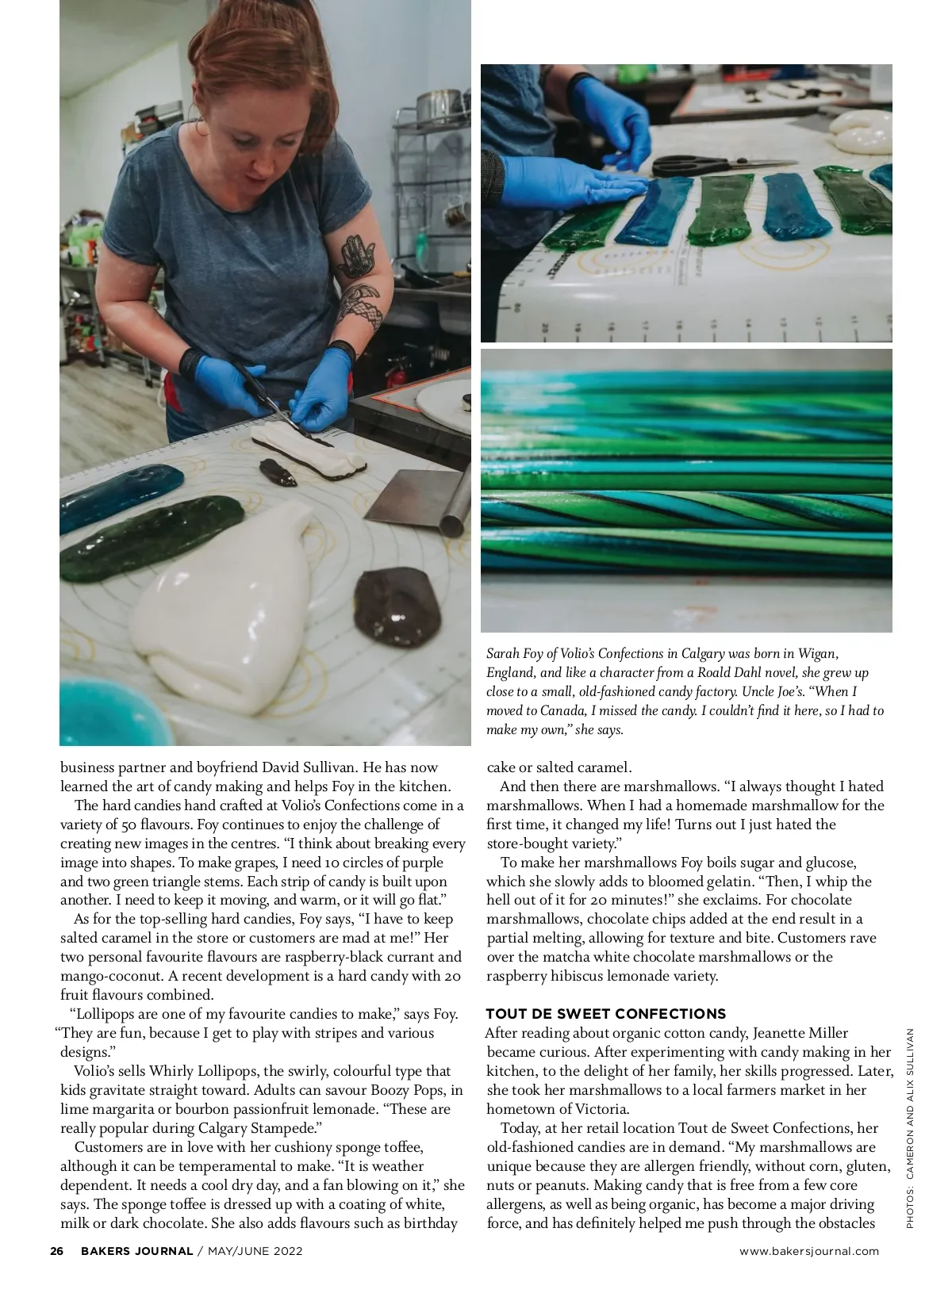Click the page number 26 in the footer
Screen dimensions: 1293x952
click(56, 1251)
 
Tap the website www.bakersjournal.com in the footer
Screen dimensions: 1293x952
click(809, 1251)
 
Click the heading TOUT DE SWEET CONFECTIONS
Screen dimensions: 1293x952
click(605, 1013)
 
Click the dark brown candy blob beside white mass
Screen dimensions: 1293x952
click(397, 606)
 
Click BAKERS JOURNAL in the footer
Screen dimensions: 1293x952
click(136, 1251)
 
